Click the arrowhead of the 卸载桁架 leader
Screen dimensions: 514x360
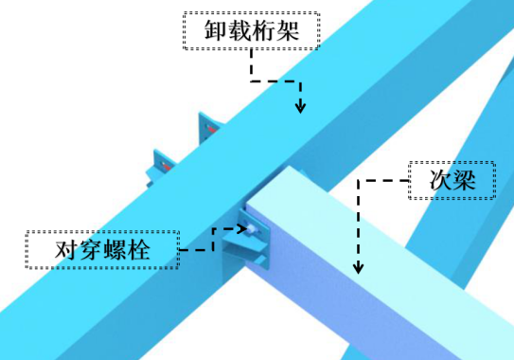click(300, 107)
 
